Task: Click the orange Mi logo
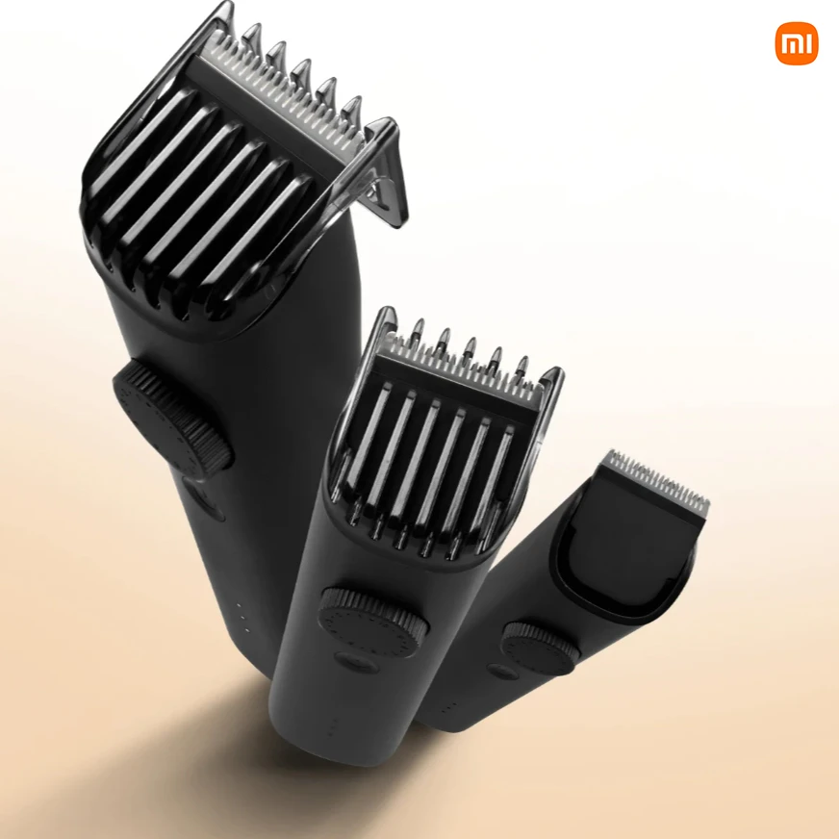[x=797, y=43]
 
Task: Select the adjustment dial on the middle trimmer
[x=373, y=622]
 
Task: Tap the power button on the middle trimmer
[x=356, y=660]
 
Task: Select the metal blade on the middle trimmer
[x=463, y=370]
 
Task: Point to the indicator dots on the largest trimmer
[x=242, y=617]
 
